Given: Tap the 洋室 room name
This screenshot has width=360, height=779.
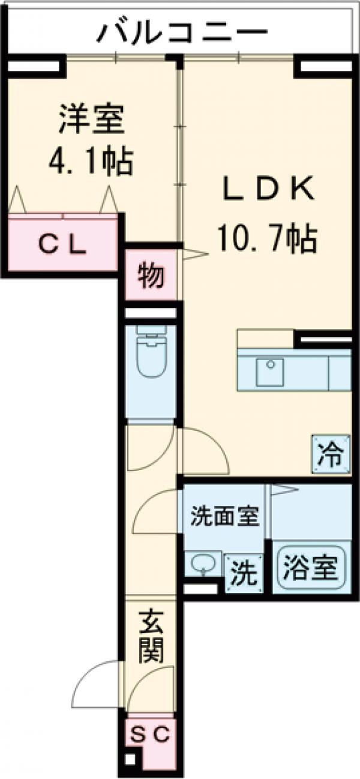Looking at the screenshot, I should [91, 119].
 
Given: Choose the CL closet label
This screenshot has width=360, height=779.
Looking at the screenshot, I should [62, 245].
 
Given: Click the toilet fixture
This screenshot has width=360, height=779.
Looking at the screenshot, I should [149, 356].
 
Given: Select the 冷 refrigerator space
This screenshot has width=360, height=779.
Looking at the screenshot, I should [331, 455].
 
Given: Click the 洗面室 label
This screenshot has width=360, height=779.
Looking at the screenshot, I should [224, 515].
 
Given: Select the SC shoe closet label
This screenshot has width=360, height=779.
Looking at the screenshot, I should [151, 733].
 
